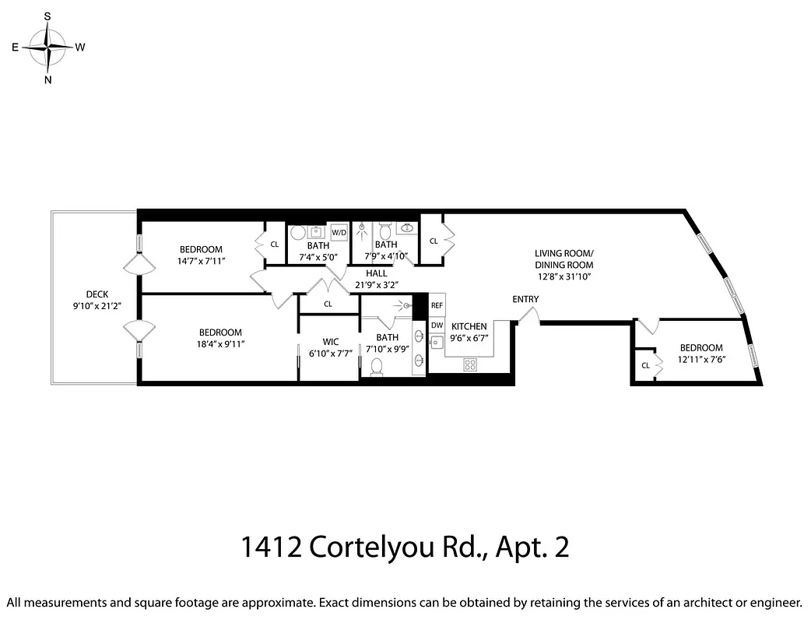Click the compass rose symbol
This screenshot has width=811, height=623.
click(48, 48)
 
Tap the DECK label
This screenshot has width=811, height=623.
click(97, 294)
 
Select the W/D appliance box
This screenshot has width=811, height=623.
click(339, 232)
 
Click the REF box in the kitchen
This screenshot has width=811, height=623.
click(437, 306)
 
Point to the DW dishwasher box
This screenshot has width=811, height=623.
click(437, 326)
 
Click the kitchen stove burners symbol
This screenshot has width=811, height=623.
click(469, 364)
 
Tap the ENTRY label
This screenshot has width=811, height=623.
click(525, 300)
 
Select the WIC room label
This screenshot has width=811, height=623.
click(330, 341)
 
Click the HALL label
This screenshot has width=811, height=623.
click(377, 273)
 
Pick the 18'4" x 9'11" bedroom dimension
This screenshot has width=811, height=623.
click(219, 343)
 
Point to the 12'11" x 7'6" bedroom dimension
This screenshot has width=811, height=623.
click(700, 359)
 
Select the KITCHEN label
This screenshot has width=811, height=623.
click(469, 326)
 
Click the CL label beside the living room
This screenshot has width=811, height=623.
click(433, 241)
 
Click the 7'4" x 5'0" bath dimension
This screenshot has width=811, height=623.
click(318, 256)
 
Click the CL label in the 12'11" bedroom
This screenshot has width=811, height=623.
click(645, 365)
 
